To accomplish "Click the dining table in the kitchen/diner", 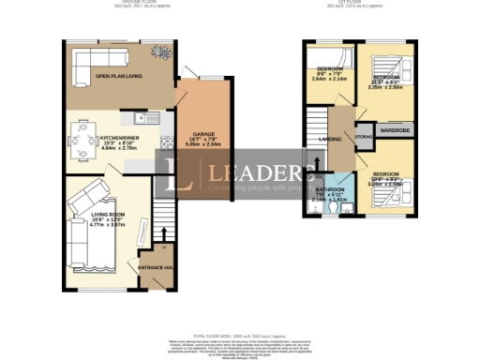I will [82, 133].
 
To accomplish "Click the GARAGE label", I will [204, 135].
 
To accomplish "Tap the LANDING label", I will [330, 140].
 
